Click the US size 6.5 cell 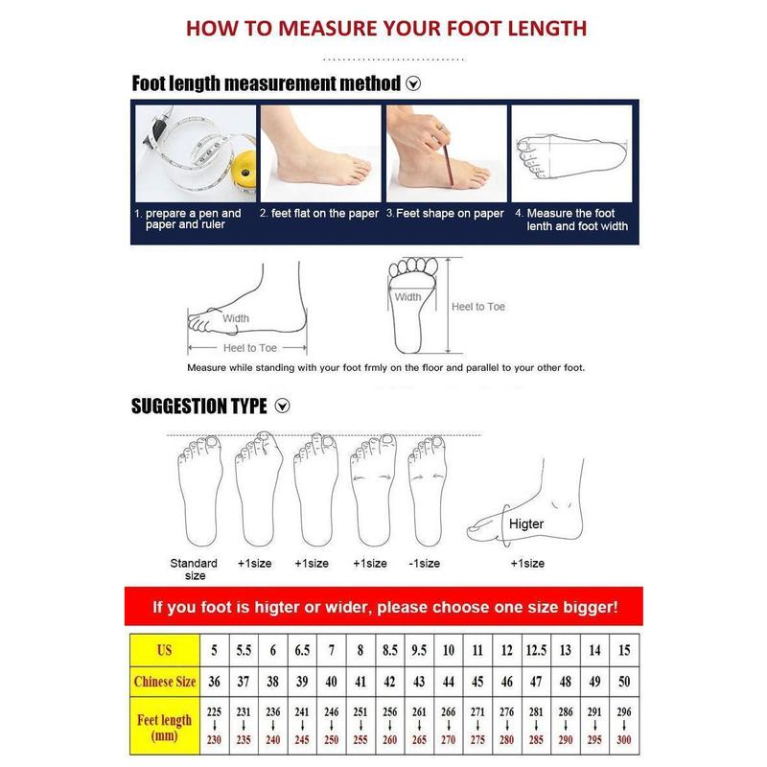[x=302, y=650]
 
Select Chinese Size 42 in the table [x=390, y=682]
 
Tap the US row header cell [x=165, y=650]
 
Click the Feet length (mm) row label [x=165, y=728]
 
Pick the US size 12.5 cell [x=536, y=650]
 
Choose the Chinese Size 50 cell [x=624, y=682]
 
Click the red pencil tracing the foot [x=448, y=160]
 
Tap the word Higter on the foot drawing [x=526, y=523]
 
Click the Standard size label [x=195, y=569]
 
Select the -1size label [x=424, y=564]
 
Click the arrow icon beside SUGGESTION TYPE [x=282, y=406]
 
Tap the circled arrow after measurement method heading [x=413, y=83]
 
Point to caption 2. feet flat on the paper [x=319, y=213]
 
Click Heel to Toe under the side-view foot [x=250, y=348]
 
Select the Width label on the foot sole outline [x=408, y=297]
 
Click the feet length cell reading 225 [x=214, y=711]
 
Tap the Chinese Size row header [x=165, y=682]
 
